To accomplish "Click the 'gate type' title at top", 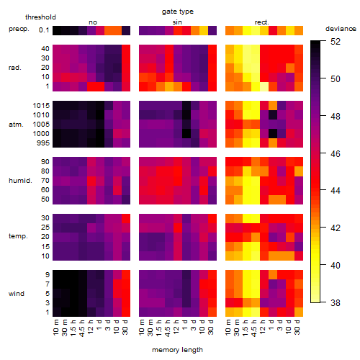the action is pyautogui.click(x=178, y=12).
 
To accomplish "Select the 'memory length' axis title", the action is pyautogui.click(x=177, y=350).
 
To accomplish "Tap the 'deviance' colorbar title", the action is pyautogui.click(x=341, y=29).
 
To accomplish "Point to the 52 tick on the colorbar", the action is pyautogui.click(x=336, y=42).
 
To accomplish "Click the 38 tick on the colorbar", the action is pyautogui.click(x=336, y=302).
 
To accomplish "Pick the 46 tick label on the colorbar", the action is pyautogui.click(x=336, y=153).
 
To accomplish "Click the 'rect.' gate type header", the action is pyautogui.click(x=261, y=22).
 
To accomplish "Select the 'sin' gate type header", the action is pyautogui.click(x=177, y=22).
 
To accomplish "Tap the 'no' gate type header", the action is pyautogui.click(x=93, y=22).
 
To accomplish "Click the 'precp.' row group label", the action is pyautogui.click(x=19, y=29).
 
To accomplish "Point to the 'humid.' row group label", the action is pyautogui.click(x=20, y=181).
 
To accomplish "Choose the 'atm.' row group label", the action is pyautogui.click(x=16, y=125).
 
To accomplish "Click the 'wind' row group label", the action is pyautogui.click(x=17, y=294).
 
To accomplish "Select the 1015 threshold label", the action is pyautogui.click(x=41, y=106).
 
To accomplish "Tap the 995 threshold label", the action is pyautogui.click(x=43, y=143).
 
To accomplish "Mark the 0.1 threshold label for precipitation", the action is pyautogui.click(x=44, y=30).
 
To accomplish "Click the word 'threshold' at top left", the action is pyautogui.click(x=40, y=17).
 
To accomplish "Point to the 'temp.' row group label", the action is pyautogui.click(x=18, y=236).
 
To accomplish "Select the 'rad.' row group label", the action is pyautogui.click(x=15, y=68).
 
